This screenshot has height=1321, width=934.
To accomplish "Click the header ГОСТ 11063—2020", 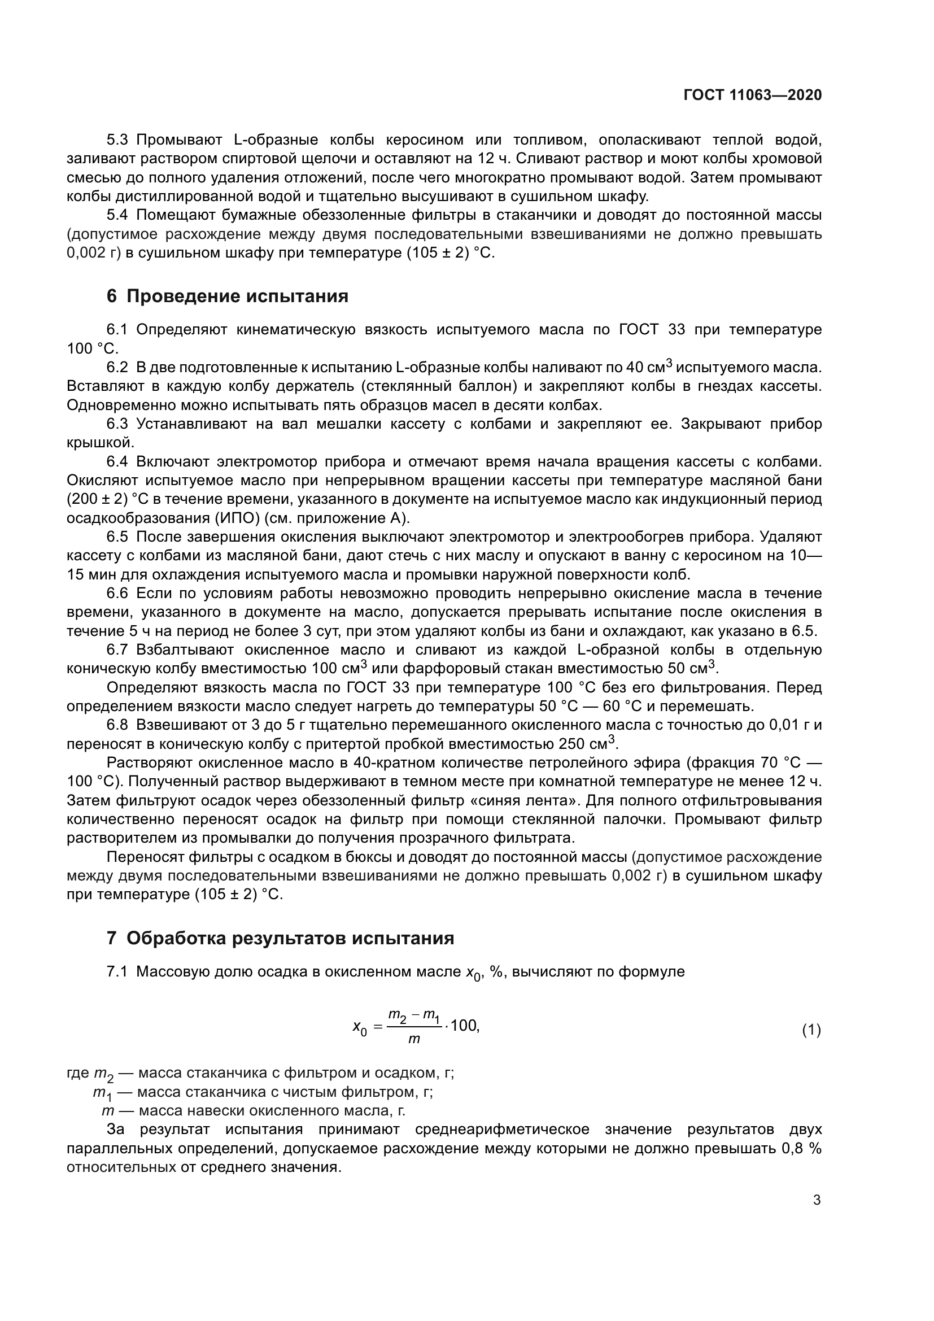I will click(x=752, y=95).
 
